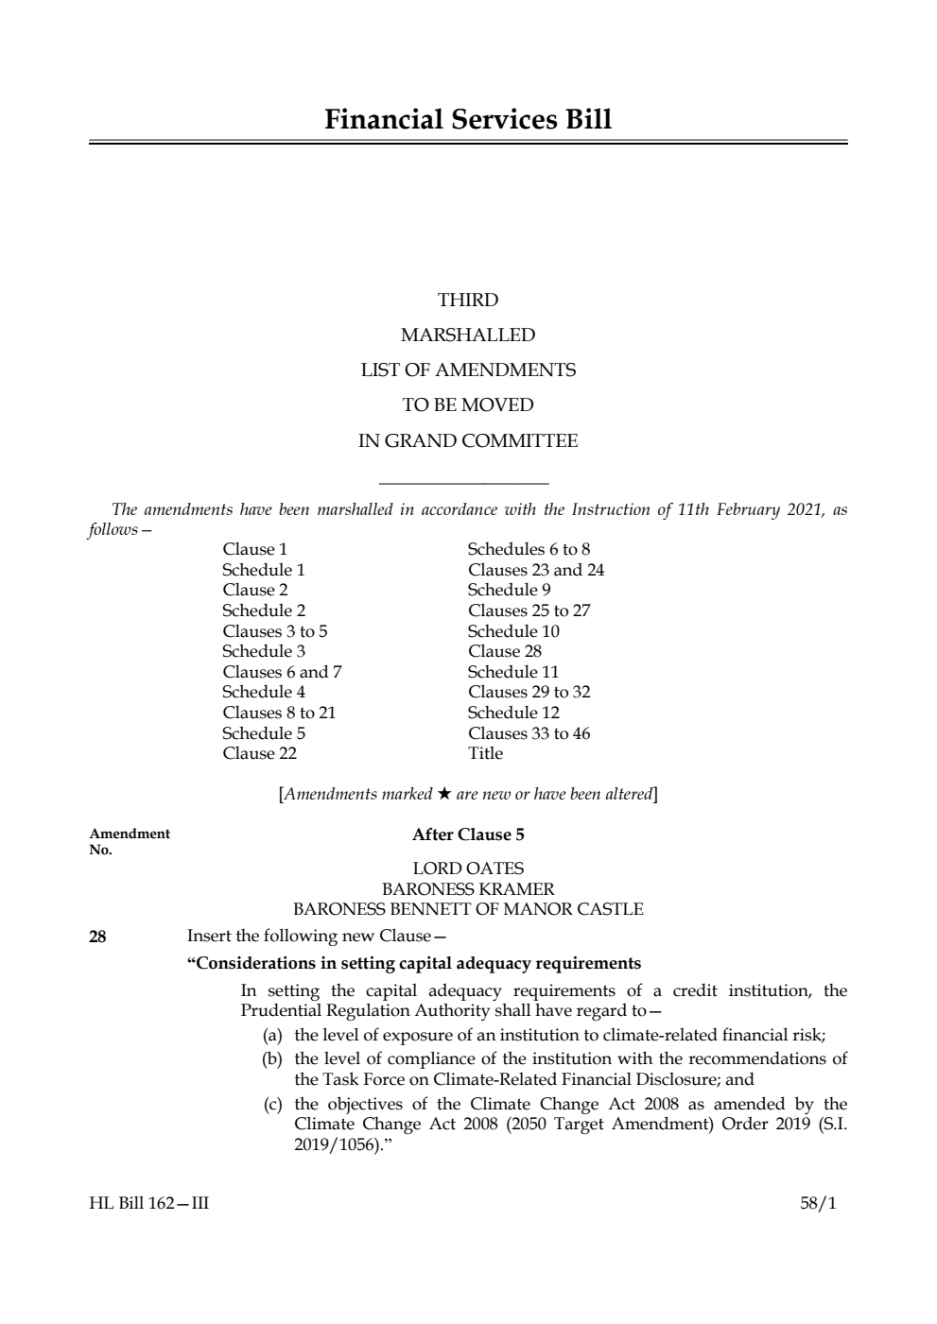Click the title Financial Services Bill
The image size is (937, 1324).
(x=468, y=120)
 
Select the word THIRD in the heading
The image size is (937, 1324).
(x=468, y=300)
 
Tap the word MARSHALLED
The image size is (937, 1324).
(x=468, y=335)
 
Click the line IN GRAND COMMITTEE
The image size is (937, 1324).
(x=468, y=440)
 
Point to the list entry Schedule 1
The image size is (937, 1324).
(x=263, y=570)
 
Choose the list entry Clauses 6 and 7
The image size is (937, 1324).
(x=282, y=672)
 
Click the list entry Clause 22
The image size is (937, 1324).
(x=259, y=753)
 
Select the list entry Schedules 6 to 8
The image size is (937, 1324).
(x=529, y=549)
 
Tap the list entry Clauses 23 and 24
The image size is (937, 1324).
(x=535, y=570)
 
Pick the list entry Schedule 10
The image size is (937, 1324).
(x=513, y=631)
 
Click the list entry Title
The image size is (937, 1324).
(x=485, y=753)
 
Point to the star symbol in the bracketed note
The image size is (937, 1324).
(x=443, y=794)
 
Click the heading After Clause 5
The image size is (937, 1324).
(x=468, y=834)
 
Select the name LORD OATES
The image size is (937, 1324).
(x=468, y=868)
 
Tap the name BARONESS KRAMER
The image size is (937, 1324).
(x=468, y=888)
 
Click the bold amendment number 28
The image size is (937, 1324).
(x=97, y=937)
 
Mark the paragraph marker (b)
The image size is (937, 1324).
(x=272, y=1058)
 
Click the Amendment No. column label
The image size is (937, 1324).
(x=130, y=841)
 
